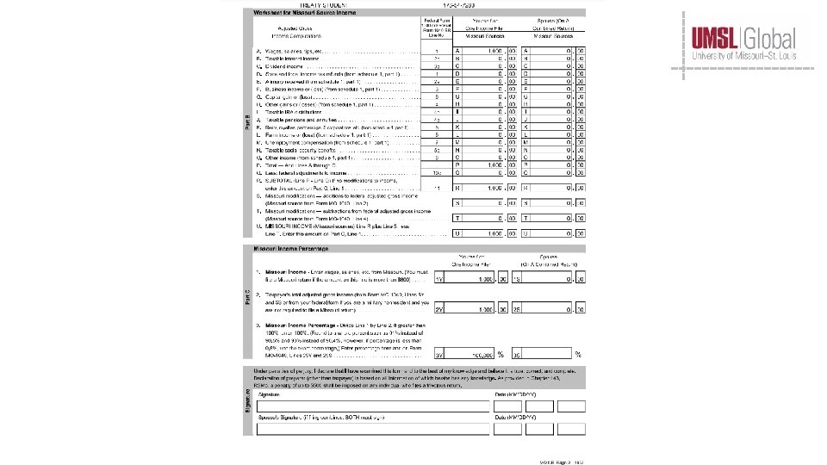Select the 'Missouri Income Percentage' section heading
291,249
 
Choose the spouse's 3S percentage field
551,353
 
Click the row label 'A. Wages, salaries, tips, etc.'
293,52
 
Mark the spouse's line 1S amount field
551,278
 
